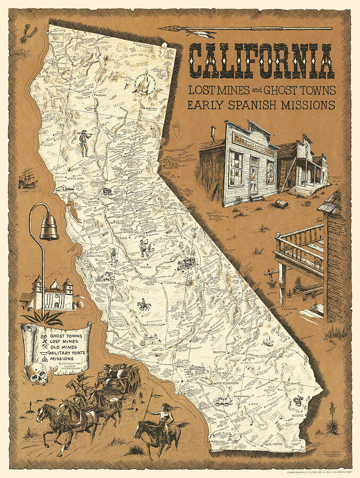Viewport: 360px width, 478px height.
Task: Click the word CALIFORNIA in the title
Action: tap(262, 60)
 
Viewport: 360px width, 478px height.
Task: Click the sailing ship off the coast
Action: tap(27, 180)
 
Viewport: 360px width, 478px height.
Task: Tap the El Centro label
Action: tap(276, 442)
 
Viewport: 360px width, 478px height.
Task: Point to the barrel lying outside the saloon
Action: tap(281, 203)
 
